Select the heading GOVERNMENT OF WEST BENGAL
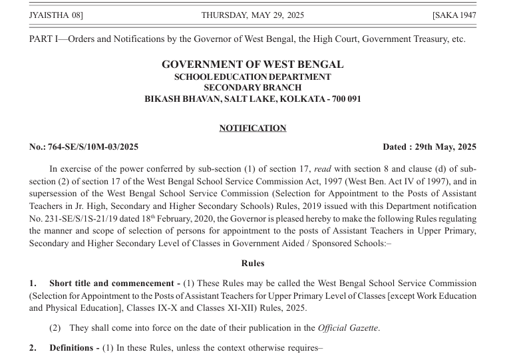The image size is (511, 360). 253,65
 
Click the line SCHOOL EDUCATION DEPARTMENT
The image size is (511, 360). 253,77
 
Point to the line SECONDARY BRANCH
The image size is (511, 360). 253,87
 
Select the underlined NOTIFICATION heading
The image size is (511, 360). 253,128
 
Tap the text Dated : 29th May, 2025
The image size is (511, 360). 429,147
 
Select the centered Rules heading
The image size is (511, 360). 253,263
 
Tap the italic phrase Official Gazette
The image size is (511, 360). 348,327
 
